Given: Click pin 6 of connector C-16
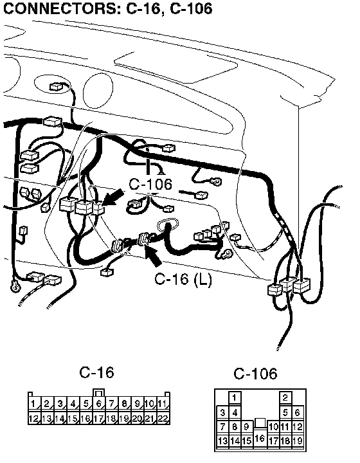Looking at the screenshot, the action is pyautogui.click(x=99, y=404).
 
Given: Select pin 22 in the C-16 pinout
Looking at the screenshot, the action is pyautogui.click(x=163, y=418).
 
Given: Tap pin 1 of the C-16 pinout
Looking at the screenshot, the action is pyautogui.click(x=35, y=404).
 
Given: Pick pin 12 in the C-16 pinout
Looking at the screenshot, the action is pyautogui.click(x=35, y=418).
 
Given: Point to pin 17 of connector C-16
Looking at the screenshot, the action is pyautogui.click(x=99, y=418).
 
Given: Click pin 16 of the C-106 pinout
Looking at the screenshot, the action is pyautogui.click(x=260, y=438).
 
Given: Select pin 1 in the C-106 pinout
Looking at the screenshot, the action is pyautogui.click(x=235, y=398).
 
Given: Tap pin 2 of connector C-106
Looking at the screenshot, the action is pyautogui.click(x=285, y=398).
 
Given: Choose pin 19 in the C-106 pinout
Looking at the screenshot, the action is pyautogui.click(x=298, y=440).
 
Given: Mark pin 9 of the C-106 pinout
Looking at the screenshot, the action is pyautogui.click(x=247, y=427).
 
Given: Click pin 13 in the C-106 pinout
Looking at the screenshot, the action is pyautogui.click(x=222, y=440).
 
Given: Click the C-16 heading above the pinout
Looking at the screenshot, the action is pyautogui.click(x=96, y=372).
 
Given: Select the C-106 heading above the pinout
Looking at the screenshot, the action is pyautogui.click(x=255, y=374).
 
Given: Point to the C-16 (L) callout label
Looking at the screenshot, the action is pyautogui.click(x=183, y=278).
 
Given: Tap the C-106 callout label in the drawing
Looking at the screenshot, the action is pyautogui.click(x=150, y=184).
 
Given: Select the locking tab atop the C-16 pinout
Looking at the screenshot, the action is pyautogui.click(x=99, y=393).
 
